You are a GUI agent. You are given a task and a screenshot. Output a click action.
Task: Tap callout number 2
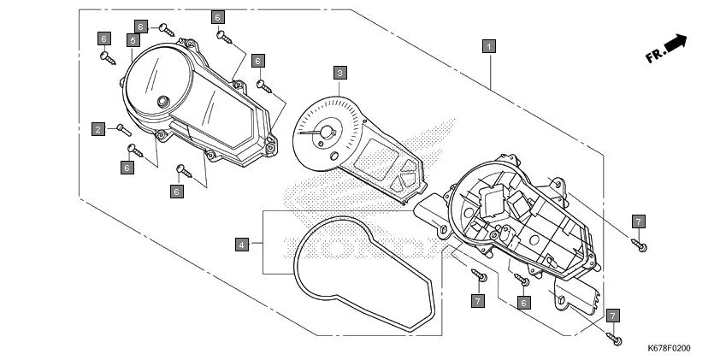coord(99,129)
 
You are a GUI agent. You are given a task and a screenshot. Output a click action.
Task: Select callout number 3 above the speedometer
coord(340,73)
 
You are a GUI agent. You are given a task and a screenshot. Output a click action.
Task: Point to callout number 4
coord(243,245)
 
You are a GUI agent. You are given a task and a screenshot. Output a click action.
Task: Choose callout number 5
coord(134,40)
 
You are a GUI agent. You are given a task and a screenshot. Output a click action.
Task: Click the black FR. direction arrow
coord(677,43)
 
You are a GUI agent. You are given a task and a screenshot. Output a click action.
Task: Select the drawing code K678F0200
coord(669,348)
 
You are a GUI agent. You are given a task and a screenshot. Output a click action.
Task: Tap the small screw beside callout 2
coord(121,129)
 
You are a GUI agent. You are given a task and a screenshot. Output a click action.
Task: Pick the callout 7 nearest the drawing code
coord(613,316)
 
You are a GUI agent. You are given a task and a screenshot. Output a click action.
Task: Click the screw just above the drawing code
coord(616,339)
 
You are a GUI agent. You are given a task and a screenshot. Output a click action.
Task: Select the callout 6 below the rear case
coord(524,302)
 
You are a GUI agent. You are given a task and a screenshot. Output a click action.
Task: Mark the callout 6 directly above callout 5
coord(141,27)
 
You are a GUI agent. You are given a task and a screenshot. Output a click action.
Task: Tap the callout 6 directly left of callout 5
coord(104,38)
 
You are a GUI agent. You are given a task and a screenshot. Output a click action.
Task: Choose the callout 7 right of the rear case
coord(638,221)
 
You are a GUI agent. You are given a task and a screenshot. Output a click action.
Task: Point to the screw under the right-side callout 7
coord(640,246)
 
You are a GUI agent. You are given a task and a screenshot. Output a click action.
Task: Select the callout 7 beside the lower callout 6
coord(478,300)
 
